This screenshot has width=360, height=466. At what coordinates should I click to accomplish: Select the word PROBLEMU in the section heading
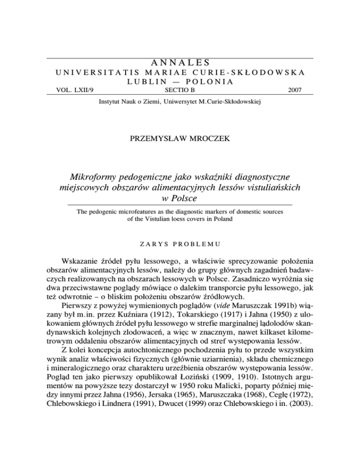click(x=195, y=244)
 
